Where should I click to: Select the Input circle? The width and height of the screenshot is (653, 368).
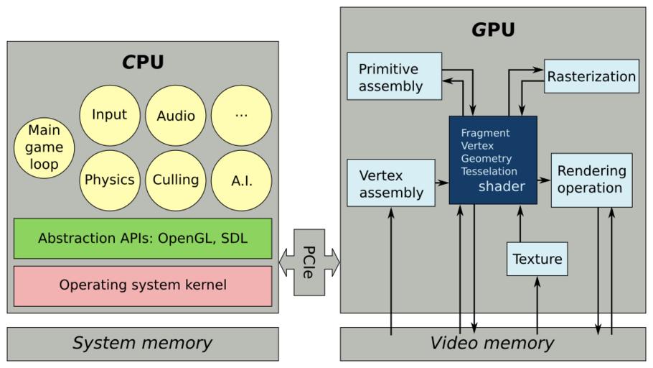click(x=109, y=115)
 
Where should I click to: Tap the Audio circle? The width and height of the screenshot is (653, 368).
click(x=175, y=115)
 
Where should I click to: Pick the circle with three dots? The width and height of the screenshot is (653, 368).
click(x=241, y=115)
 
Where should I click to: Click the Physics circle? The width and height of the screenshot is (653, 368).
click(x=109, y=180)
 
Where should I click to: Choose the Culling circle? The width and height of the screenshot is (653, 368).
click(x=175, y=180)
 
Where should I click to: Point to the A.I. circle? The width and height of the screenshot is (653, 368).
click(x=241, y=180)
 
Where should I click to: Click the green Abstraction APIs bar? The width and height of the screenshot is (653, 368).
click(x=143, y=239)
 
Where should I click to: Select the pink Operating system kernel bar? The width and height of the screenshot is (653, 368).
click(x=143, y=285)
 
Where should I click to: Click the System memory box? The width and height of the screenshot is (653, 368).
click(x=143, y=344)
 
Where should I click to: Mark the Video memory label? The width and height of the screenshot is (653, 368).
click(x=492, y=344)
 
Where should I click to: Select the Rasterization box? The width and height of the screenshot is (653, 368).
click(x=591, y=76)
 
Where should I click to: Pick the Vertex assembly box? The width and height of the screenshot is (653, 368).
click(x=391, y=183)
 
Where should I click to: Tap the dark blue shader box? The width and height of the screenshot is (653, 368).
click(x=493, y=160)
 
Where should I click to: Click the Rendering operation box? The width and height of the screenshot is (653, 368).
click(x=591, y=180)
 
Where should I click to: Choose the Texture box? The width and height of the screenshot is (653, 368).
click(x=537, y=259)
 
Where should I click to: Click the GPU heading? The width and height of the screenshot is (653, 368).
click(x=494, y=31)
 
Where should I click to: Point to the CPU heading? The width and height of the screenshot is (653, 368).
click(x=143, y=63)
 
